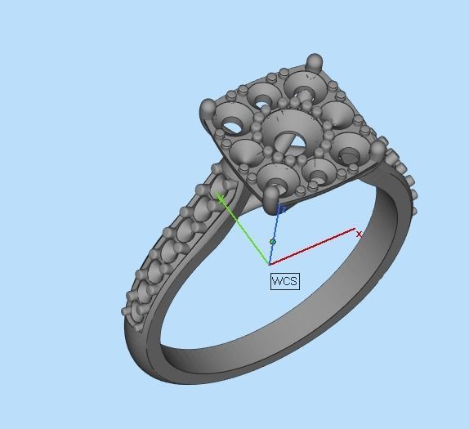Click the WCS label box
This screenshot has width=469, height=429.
pos(284,281)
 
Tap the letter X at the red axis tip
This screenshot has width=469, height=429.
pos(360,235)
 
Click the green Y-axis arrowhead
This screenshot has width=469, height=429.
pos(221,195)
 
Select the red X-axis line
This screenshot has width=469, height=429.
pos(315,248)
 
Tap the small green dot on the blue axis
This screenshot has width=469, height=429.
pos(273,242)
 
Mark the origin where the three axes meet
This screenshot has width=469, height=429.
pos(270,264)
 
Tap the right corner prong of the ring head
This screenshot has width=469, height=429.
pos(377,150)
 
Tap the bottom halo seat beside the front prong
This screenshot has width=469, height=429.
pos(276,173)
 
